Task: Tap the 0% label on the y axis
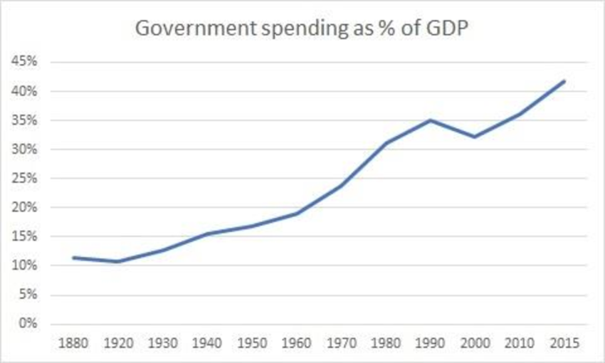pyautogui.click(x=26, y=324)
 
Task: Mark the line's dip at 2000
pyautogui.click(x=474, y=137)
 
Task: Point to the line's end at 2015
pyautogui.click(x=564, y=81)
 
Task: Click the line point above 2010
pyautogui.click(x=519, y=114)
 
